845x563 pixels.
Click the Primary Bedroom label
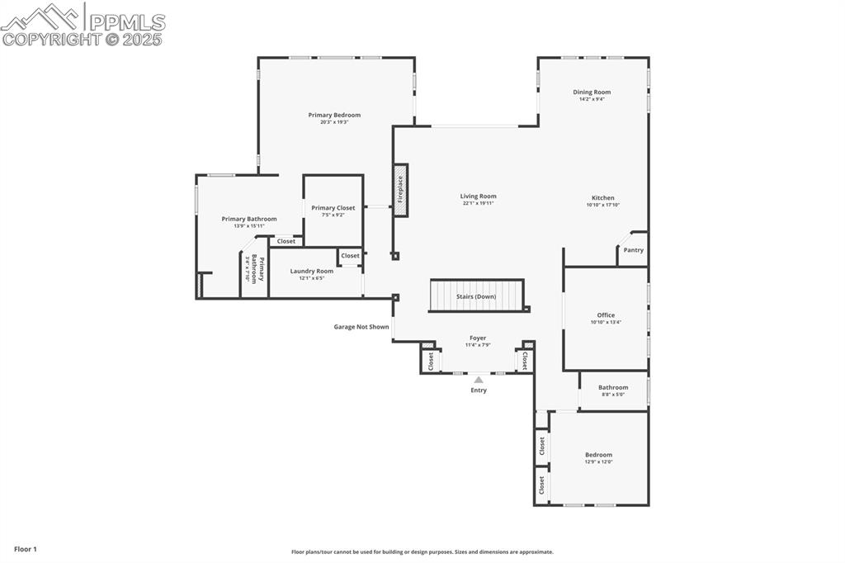(334, 115)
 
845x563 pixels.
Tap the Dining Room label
(592, 92)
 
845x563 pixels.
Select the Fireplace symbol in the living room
(400, 190)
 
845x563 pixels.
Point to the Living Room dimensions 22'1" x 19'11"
(479, 203)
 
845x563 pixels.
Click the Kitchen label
(602, 198)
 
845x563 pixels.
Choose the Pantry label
(633, 250)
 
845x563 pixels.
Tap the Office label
(606, 315)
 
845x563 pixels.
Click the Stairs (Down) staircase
(476, 296)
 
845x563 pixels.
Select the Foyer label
(478, 338)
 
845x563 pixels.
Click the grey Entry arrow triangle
(479, 380)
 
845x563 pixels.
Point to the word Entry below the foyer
(479, 390)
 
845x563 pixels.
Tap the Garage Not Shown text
(361, 327)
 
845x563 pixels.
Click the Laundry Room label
(311, 271)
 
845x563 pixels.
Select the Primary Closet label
(333, 208)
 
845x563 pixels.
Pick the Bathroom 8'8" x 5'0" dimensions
(613, 395)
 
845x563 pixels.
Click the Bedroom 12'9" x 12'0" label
(598, 455)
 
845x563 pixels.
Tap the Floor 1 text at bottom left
(26, 549)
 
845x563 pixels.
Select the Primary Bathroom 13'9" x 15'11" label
(249, 219)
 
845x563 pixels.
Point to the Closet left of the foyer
(431, 361)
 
